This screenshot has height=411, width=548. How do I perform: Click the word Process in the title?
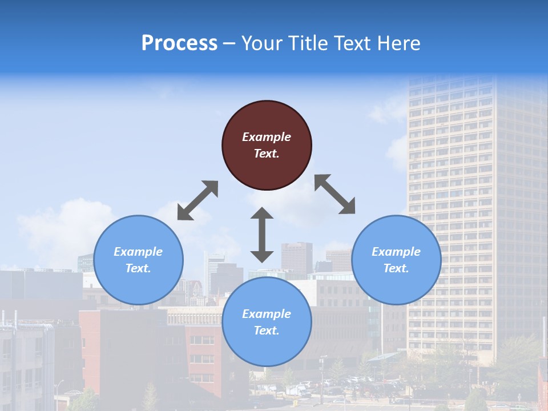[179, 43]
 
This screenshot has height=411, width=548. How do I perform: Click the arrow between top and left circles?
[198, 200]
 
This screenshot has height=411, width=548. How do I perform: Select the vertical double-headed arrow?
[262, 235]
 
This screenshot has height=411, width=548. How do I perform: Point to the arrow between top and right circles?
[335, 194]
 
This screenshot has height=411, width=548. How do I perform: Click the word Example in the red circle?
[267, 137]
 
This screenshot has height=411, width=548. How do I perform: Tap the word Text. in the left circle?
[138, 268]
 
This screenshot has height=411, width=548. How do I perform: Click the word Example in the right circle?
[396, 252]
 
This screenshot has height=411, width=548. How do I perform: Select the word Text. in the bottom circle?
[267, 331]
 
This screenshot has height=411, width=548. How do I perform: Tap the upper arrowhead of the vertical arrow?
[262, 214]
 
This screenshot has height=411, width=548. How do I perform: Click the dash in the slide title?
[229, 44]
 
